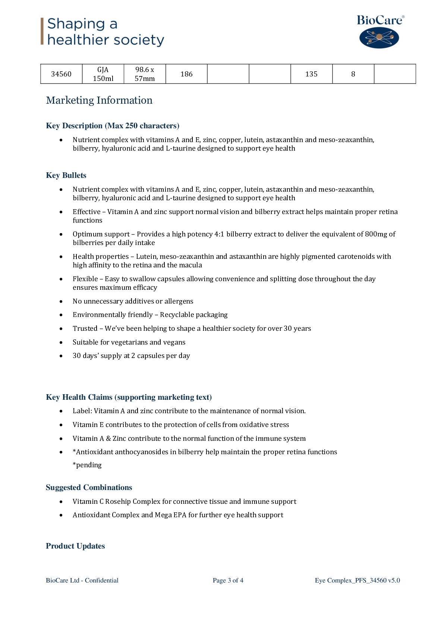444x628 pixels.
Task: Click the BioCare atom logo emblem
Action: coord(379,37)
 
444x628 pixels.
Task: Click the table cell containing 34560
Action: coord(61,74)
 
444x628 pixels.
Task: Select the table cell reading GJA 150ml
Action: coord(103,74)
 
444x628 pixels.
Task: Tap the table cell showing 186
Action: coord(186,74)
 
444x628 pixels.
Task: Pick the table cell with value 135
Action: coord(311,74)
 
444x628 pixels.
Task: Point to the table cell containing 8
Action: coord(353,74)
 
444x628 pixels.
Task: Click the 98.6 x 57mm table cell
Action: coord(145,74)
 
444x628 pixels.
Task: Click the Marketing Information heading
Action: coord(99,100)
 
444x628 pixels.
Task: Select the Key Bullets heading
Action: coord(66,175)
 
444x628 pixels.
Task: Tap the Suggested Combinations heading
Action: coord(89,487)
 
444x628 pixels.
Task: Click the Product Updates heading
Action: coord(75,546)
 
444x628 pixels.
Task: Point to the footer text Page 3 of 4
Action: coord(228,580)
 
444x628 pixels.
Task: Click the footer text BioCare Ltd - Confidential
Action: coord(82,580)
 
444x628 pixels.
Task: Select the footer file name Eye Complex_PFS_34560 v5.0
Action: coord(357,580)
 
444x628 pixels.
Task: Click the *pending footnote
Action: coord(87,465)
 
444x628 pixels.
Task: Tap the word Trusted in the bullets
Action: coord(85,329)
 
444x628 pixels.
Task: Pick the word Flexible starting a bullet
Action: coord(85,279)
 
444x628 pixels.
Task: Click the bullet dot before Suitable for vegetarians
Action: coord(61,342)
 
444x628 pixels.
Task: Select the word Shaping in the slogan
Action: coord(76,24)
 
